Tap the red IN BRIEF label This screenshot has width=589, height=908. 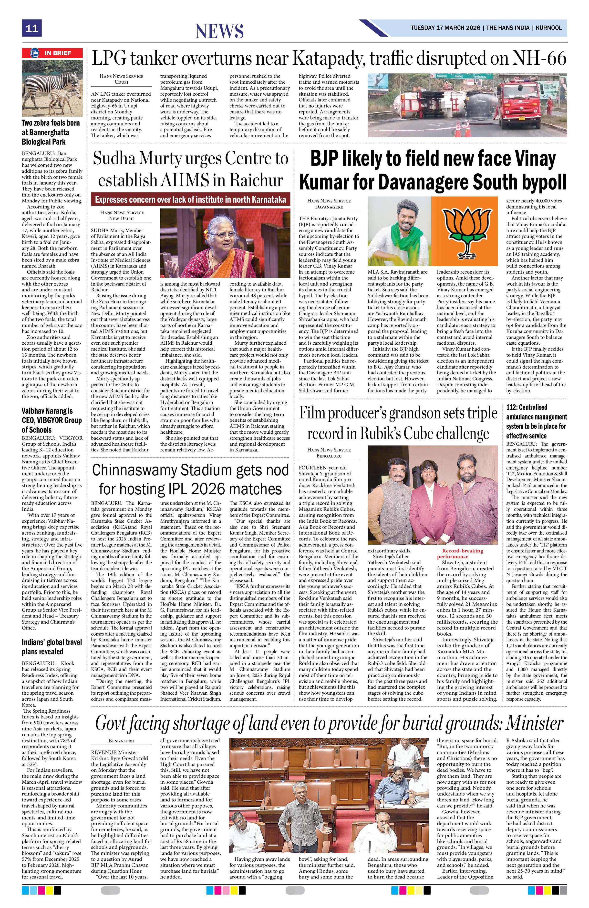point(52,53)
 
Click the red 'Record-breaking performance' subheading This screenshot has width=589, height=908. point(462,553)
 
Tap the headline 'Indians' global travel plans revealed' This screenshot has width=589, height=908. point(52,647)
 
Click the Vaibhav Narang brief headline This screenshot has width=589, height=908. point(52,420)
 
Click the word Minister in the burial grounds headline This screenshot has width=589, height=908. point(534,723)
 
